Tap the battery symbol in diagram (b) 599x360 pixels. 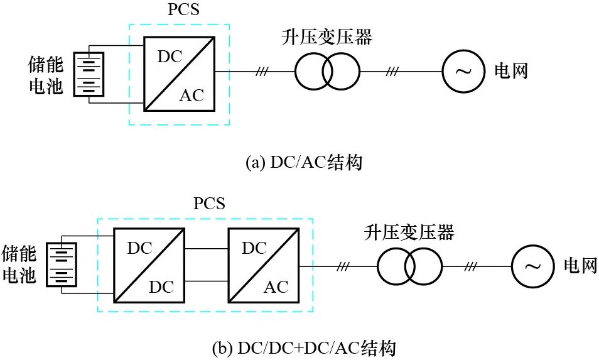[63, 264]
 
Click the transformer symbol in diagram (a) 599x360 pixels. [327, 71]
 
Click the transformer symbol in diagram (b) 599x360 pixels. [409, 267]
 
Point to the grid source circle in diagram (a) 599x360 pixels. [463, 71]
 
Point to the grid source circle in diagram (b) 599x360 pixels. [532, 267]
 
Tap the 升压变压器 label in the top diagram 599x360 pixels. [326, 38]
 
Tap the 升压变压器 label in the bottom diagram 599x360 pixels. [409, 234]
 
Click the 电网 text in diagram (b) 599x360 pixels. [580, 267]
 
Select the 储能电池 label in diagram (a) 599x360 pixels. [46, 75]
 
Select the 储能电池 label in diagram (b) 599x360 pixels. [20, 264]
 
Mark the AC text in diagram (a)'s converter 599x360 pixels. [192, 95]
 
